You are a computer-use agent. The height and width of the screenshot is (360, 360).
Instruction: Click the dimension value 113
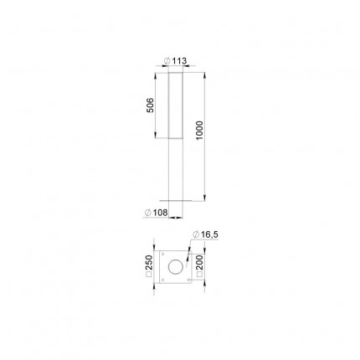(179, 61)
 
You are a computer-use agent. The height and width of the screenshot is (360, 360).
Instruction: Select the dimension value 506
(150, 105)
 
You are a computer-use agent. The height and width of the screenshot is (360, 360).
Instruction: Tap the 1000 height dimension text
(200, 131)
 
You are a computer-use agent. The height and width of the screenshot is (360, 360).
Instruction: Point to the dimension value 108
(161, 213)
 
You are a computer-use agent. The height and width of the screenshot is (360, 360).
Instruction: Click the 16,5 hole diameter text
(209, 235)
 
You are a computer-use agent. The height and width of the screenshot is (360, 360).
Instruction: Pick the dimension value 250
(150, 262)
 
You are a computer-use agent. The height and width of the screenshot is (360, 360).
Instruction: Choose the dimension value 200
(200, 262)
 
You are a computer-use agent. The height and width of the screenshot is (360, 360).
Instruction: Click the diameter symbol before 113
(167, 61)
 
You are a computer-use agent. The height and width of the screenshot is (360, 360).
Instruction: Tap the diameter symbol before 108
(148, 213)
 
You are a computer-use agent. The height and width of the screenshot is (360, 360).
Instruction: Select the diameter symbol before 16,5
(196, 235)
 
